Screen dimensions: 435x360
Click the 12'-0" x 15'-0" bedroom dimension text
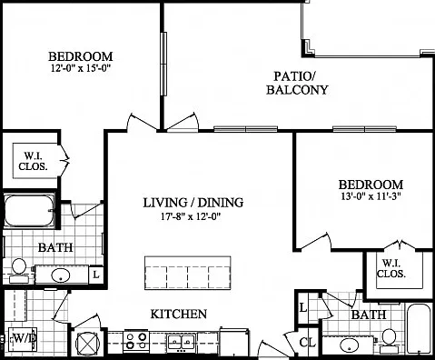[x=80, y=68]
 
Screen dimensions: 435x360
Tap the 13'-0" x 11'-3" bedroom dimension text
[x=371, y=196]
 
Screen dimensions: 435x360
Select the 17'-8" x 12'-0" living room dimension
[x=192, y=216]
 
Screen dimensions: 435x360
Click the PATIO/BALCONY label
[x=297, y=83]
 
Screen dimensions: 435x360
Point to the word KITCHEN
[x=179, y=314]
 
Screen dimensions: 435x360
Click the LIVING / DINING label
[x=193, y=203]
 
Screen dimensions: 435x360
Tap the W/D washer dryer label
[x=23, y=338]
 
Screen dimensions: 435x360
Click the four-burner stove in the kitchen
[x=136, y=341]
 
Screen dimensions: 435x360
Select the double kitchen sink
[x=182, y=342]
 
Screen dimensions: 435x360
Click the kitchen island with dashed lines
[x=187, y=273]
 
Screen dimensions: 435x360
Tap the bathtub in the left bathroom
[x=29, y=211]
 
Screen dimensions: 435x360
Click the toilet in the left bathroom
[x=19, y=270]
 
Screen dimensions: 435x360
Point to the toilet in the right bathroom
[x=388, y=341]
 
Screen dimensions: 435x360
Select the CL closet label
[x=308, y=343]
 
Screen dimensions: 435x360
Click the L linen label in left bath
[x=96, y=275]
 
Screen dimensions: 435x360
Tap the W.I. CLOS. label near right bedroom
[x=391, y=268]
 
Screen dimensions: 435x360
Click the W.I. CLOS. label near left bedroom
[x=33, y=161]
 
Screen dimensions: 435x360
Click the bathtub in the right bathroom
[x=419, y=328]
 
